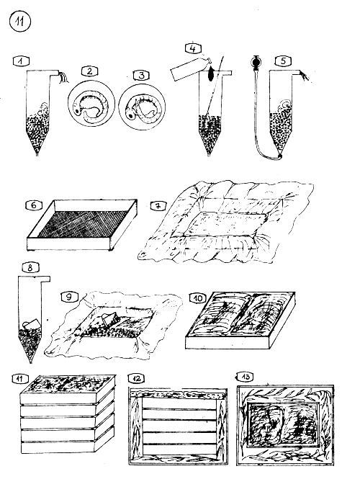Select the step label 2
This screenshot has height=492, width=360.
click(x=89, y=71)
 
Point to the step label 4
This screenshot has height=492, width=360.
click(x=192, y=50)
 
